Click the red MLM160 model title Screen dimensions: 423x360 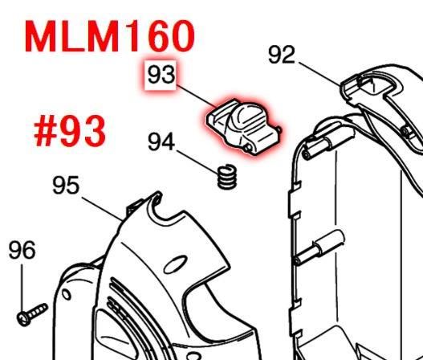(109, 36)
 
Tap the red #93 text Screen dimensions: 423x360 (70, 131)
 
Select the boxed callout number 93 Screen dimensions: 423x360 (161, 75)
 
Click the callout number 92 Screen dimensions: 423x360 (282, 55)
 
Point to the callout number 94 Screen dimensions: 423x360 (161, 141)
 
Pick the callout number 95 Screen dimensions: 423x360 (66, 186)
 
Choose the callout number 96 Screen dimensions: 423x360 (22, 250)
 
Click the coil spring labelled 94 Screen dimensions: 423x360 (227, 176)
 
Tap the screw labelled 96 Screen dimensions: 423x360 (32, 315)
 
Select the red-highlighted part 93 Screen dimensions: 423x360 (244, 126)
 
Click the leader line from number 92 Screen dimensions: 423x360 (319, 74)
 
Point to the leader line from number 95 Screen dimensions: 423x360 (102, 209)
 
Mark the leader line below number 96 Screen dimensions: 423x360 (22, 288)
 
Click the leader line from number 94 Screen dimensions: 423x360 (197, 162)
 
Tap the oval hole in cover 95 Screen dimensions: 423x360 (176, 264)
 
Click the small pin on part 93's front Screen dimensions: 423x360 (248, 147)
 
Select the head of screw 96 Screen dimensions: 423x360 (23, 320)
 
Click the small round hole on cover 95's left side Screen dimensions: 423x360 (67, 295)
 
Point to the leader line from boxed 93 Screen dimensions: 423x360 (196, 96)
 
